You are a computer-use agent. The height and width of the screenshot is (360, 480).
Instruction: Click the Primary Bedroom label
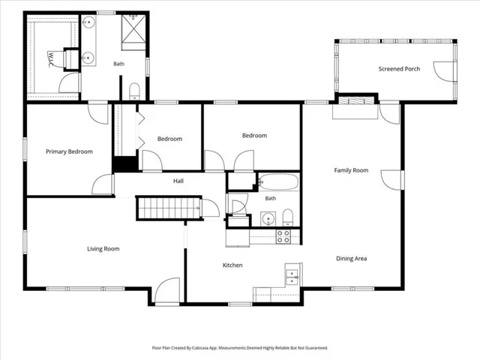point(69,151)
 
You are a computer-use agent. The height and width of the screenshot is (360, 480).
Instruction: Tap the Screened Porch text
point(399,69)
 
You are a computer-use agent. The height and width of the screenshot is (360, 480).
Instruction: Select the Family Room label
point(351,170)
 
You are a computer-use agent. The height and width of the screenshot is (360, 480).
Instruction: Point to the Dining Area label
point(352,258)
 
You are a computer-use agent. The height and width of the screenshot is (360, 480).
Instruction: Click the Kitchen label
point(232,265)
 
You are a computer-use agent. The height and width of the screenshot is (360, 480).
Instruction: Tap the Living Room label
point(103,249)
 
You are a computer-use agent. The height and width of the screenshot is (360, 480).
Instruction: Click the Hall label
point(178,181)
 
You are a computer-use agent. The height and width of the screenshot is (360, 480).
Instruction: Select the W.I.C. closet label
point(50,59)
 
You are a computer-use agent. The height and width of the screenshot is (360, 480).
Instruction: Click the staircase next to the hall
point(169,208)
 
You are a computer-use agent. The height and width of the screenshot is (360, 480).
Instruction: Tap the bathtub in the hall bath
point(278,181)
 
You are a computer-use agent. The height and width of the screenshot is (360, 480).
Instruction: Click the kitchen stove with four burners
point(283,237)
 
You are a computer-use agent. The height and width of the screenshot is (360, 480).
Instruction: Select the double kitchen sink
point(292,277)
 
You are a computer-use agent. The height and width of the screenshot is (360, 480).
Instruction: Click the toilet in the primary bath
point(134,91)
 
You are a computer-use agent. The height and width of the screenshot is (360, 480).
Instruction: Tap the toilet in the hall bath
point(287,217)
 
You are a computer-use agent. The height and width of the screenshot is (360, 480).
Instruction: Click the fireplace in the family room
point(356,101)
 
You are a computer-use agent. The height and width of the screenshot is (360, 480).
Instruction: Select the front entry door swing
point(167,290)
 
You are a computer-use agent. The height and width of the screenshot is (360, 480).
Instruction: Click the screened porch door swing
point(445,71)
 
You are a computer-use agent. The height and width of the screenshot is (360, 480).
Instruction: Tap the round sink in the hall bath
point(268,219)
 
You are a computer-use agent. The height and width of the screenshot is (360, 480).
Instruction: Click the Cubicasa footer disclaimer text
point(240,348)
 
